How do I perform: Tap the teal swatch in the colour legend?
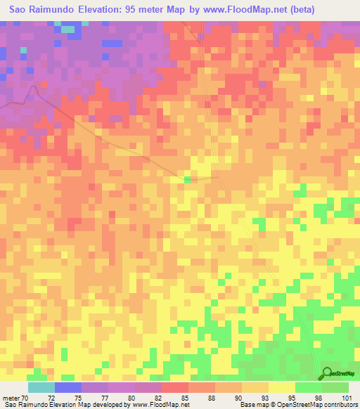pos(41,387)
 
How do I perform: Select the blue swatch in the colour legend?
pos(67,387)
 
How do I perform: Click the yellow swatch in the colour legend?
pos(281,387)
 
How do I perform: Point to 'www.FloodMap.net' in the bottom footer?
pos(155,405)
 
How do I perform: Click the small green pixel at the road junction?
pos(188,179)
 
